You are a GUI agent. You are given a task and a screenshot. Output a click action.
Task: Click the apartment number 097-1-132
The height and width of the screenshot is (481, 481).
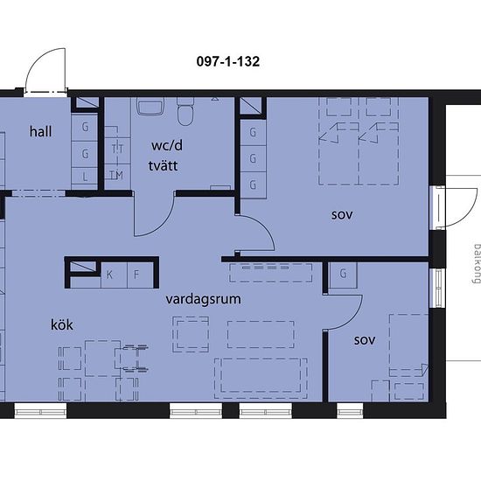coord(228,62)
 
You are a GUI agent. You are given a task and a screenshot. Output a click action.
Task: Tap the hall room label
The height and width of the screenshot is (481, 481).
coord(40,131)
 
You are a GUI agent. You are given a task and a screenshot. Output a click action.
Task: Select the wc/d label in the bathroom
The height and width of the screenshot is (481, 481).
coord(167,145)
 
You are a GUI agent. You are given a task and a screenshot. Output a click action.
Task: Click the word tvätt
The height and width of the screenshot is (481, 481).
coord(163,165)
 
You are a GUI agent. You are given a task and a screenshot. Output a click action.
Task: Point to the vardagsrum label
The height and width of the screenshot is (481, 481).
coord(203,299)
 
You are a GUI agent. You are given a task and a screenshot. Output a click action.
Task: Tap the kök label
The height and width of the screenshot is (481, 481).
coord(62,324)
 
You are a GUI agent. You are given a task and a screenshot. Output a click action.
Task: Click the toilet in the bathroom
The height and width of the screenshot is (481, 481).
coord(185,112)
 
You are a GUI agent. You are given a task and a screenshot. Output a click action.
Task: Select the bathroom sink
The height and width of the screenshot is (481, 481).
coord(150,107)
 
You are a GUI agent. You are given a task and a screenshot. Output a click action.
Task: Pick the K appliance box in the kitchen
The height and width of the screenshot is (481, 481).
coord(114,275)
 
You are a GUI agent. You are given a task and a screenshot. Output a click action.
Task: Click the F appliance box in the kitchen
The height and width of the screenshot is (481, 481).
coord(140,275)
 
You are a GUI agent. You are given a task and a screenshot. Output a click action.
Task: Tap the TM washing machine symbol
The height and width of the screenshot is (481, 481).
coord(117,176)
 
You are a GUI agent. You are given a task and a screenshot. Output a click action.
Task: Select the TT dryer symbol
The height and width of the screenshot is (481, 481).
coord(117,150)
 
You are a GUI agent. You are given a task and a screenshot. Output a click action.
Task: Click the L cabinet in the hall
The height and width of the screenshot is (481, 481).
coord(85,176)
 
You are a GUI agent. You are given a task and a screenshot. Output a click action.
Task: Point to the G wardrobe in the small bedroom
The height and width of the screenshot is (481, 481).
coord(343,274)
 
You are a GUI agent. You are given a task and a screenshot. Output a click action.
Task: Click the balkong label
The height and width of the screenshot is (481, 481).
coord(477,263)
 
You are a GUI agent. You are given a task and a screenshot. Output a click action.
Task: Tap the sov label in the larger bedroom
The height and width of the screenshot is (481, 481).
coord(342,215)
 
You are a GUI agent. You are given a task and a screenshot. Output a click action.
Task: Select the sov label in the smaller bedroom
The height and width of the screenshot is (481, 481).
coord(365,340)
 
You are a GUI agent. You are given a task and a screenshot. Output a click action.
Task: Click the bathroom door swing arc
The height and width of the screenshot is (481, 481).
coord(164,224)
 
